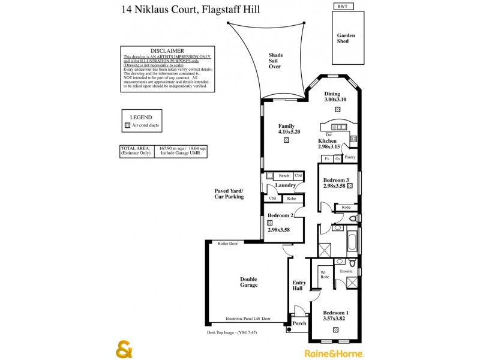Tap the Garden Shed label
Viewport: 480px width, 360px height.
(346, 39)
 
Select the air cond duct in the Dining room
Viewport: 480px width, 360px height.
(338, 110)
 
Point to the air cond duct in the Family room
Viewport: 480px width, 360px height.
(286, 140)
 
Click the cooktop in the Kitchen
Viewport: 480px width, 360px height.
(353, 139)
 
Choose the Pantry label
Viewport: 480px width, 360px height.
(350, 157)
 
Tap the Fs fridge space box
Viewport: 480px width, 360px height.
(327, 158)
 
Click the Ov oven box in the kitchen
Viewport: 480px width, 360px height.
(338, 158)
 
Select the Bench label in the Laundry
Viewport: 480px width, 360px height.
(284, 176)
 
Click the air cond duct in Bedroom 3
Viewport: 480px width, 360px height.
(350, 186)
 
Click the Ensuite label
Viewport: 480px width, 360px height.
(346, 271)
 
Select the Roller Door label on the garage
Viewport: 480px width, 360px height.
(228, 244)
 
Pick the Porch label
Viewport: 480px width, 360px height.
(299, 323)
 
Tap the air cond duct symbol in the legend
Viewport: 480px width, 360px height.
(127, 126)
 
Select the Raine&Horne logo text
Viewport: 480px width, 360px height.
(335, 353)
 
